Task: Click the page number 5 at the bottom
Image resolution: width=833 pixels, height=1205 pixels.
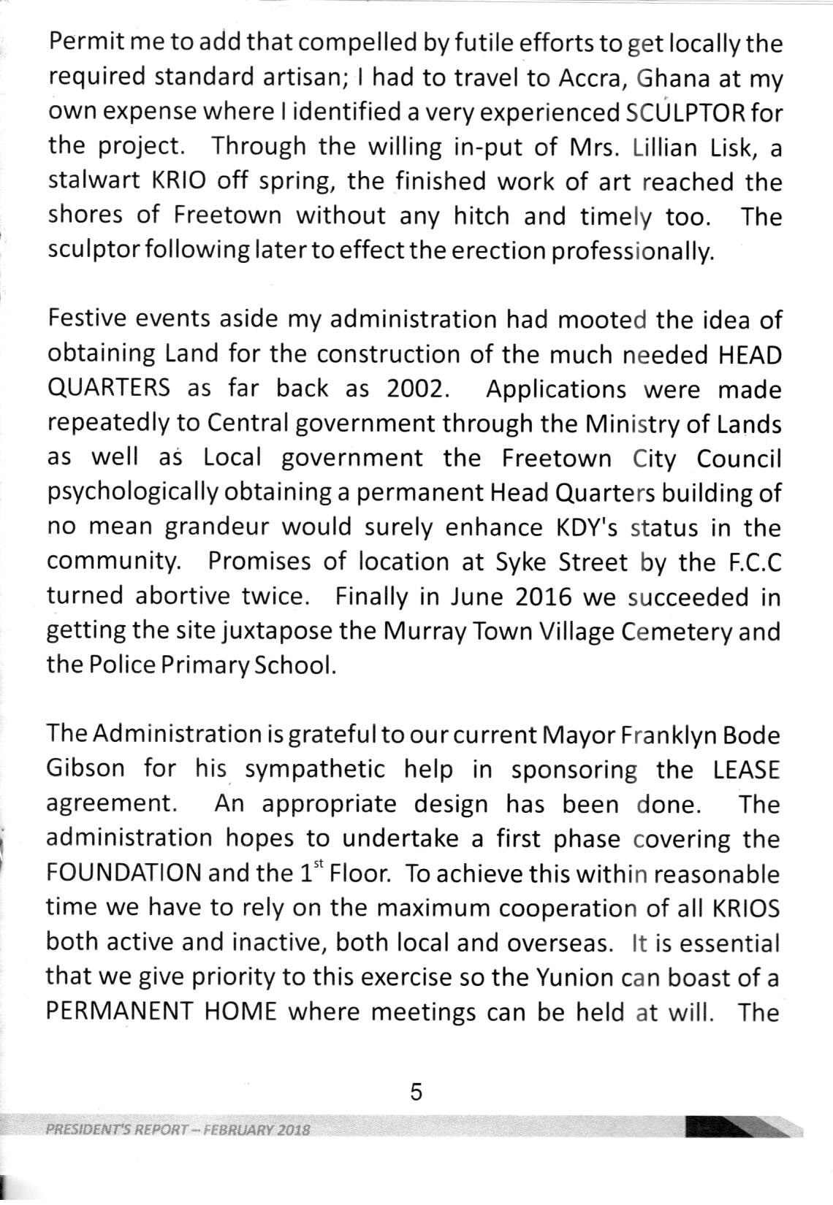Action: (416, 1092)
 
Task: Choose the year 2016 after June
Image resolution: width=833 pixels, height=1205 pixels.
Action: (543, 597)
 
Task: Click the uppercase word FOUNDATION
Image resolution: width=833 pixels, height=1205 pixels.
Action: (123, 873)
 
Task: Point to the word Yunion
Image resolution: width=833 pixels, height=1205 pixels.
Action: (570, 977)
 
